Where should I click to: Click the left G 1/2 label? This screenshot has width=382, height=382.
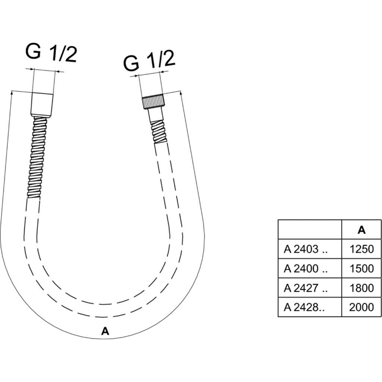coord(51,53)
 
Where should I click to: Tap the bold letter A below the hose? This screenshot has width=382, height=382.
coord(105,331)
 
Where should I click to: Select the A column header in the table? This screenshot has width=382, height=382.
coord(362,230)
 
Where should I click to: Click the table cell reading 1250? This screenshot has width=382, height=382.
coord(362,249)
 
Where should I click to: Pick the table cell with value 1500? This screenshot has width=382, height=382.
coord(362,268)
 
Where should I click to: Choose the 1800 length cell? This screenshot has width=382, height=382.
coord(362,288)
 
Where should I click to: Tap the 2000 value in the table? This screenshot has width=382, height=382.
coord(362,307)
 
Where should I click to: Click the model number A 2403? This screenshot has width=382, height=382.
coord(306,249)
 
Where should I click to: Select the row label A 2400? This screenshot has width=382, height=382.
coord(306,268)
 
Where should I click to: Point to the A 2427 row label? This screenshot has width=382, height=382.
coord(306,288)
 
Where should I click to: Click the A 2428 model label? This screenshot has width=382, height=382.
coord(304,307)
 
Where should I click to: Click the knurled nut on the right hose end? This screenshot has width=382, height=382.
coord(153,102)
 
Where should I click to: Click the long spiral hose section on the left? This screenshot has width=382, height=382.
coord(37,157)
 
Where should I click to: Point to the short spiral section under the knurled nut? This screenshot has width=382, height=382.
coord(158,131)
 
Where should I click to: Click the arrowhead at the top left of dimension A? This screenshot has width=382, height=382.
coord(12,93)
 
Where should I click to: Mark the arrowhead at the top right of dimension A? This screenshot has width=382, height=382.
coord(181,93)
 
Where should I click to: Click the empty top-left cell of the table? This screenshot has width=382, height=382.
coord(310,230)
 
